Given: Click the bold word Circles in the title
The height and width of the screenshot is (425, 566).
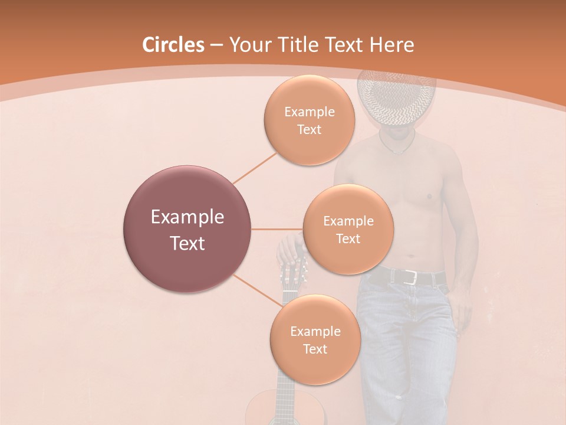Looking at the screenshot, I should click(173, 45).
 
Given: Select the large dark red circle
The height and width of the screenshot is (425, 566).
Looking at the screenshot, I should click(187, 229).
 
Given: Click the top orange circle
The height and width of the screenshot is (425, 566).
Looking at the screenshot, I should click(309, 120).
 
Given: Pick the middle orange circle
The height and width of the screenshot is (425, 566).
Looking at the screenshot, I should click(348, 229).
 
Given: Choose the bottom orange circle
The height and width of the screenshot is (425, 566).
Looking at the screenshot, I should click(315, 339).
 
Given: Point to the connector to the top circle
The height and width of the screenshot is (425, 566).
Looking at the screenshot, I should click(255, 167).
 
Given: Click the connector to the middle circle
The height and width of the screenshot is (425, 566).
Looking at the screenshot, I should click(277, 229).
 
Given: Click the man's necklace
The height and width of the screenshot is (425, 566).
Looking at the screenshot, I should click(399, 148).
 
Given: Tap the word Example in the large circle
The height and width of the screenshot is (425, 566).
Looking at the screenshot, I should click(187, 217).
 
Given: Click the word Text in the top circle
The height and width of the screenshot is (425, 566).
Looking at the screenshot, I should click(309, 129).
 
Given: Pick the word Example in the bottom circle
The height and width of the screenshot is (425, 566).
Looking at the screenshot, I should click(315, 331).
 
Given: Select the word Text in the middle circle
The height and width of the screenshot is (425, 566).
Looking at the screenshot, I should click(348, 238).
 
